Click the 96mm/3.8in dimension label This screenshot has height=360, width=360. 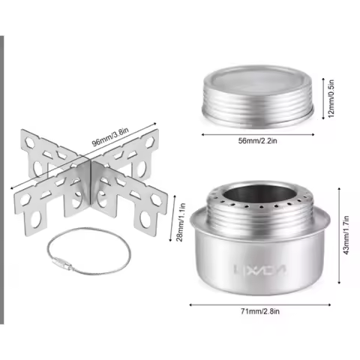(x=110, y=137)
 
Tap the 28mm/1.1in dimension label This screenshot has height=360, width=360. (x=181, y=222)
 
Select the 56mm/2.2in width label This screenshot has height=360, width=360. (x=257, y=141)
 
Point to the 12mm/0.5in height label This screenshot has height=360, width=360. (x=331, y=98)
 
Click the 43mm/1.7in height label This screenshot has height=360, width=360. (x=346, y=235)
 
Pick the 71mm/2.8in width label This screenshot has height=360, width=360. (x=260, y=311)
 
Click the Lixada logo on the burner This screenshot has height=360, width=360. (x=259, y=269)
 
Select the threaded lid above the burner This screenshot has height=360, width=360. (x=258, y=97)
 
